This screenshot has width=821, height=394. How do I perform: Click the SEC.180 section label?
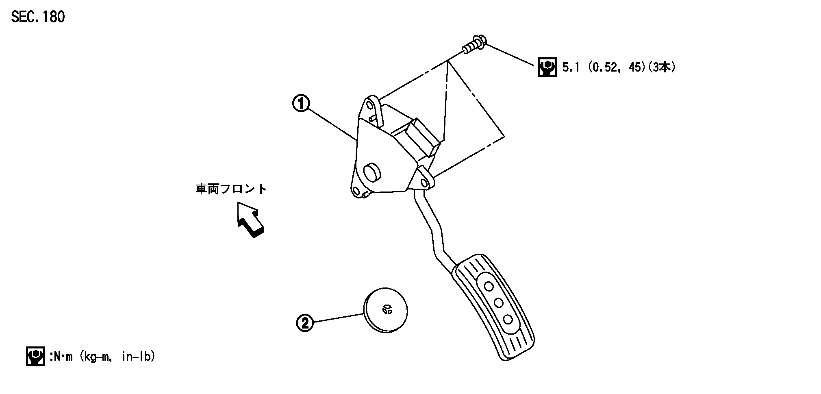tap(38, 17)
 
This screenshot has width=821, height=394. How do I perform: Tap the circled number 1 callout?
tap(301, 103)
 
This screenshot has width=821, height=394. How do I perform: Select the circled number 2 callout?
tap(305, 323)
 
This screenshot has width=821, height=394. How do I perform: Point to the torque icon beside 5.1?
tap(547, 67)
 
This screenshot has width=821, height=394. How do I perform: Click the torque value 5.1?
tap(571, 67)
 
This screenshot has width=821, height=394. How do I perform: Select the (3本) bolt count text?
tap(661, 67)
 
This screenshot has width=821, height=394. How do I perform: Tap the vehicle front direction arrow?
tap(250, 220)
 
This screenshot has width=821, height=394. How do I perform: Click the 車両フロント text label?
tap(231, 189)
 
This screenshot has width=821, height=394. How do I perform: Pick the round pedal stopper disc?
tap(385, 312)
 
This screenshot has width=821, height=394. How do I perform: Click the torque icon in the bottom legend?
tap(35, 357)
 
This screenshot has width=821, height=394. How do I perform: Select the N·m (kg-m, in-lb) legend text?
tap(102, 357)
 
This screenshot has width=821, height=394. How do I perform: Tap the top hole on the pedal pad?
tap(489, 287)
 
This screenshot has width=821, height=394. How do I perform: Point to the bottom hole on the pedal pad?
tap(507, 319)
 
